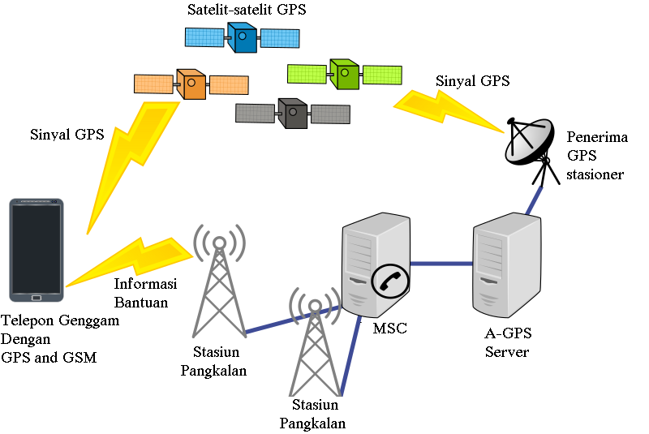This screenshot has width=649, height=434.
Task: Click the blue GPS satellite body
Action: coord(242,37)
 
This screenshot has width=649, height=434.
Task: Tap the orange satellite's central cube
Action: coord(191,84)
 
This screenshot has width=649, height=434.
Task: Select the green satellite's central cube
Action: coord(344,74)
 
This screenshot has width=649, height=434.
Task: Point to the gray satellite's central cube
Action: coord(293,114)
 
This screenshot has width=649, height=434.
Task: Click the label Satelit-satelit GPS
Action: coord(247,10)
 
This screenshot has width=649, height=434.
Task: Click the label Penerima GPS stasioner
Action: coord(597,156)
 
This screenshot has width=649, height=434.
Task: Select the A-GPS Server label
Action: coord(508,342)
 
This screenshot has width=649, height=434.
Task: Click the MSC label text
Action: coord(390,328)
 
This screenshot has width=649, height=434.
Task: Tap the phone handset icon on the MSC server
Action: coord(390,281)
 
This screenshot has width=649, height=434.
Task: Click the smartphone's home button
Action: coord(37,298)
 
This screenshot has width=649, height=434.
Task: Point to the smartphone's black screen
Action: coord(37,249)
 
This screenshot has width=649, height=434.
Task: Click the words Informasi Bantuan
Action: coord(145,293)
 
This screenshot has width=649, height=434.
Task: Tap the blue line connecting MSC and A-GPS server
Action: coord(441,263)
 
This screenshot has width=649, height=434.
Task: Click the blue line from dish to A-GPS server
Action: coord(534,200)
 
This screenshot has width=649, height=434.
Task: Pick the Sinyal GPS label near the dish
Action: coord(473,80)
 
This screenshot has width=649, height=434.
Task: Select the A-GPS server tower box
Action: coord(506,264)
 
